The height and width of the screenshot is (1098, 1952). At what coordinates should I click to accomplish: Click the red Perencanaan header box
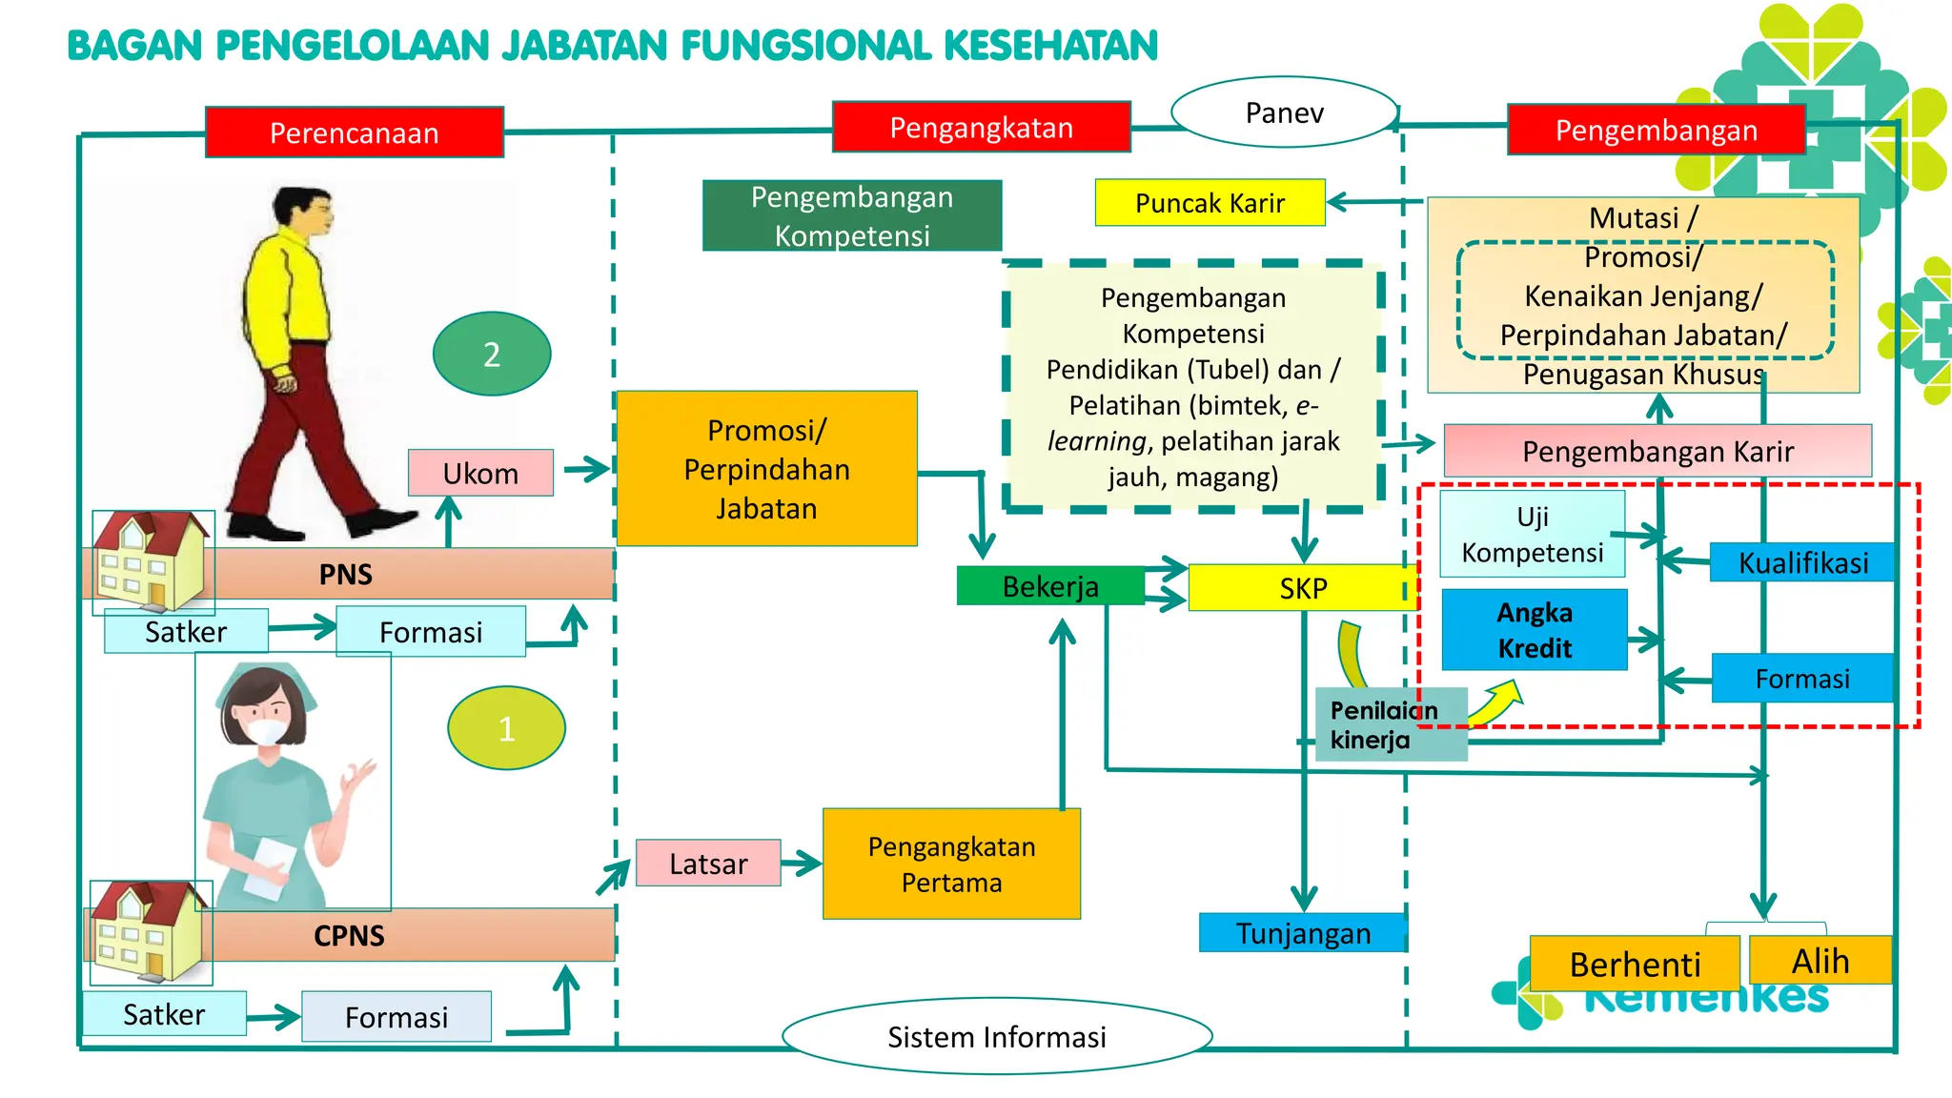pyautogui.click(x=354, y=132)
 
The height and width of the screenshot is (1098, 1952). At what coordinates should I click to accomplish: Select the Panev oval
pyautogui.click(x=1284, y=112)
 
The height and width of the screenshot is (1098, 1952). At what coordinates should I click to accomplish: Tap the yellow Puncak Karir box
pyautogui.click(x=1210, y=203)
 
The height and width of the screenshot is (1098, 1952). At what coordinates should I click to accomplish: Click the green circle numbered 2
pyautogui.click(x=492, y=354)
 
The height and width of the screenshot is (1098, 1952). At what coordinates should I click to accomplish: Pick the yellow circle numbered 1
pyautogui.click(x=506, y=728)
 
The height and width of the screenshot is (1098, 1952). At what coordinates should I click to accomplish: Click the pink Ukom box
pyautogui.click(x=480, y=473)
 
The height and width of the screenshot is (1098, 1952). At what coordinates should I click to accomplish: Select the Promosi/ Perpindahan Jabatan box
pyautogui.click(x=766, y=468)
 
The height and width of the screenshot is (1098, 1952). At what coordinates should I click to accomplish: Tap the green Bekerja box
pyautogui.click(x=1050, y=585)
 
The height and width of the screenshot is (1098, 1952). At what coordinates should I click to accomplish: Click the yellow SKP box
pyautogui.click(x=1302, y=587)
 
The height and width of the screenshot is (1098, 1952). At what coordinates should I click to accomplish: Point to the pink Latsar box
pyautogui.click(x=708, y=863)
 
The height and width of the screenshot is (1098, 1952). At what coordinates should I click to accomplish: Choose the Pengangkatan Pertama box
pyautogui.click(x=951, y=864)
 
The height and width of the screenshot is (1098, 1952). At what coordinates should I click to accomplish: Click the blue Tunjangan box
pyautogui.click(x=1302, y=932)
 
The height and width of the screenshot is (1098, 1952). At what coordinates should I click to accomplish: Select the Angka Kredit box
pyautogui.click(x=1534, y=630)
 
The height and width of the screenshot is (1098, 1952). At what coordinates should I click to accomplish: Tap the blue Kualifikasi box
pyautogui.click(x=1802, y=562)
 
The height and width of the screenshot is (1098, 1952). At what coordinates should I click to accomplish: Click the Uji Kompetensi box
pyautogui.click(x=1532, y=534)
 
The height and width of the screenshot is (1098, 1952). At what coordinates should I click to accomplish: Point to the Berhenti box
pyautogui.click(x=1634, y=964)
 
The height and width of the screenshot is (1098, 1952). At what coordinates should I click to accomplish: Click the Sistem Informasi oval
pyautogui.click(x=996, y=1036)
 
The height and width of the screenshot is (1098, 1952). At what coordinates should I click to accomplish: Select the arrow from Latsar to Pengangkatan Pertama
pyautogui.click(x=801, y=864)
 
